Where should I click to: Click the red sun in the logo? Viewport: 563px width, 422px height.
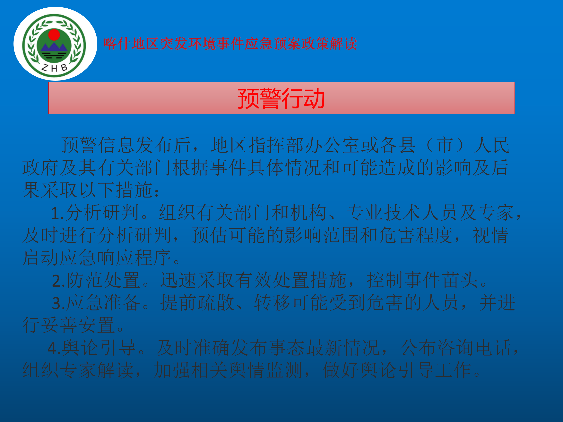coord(54,35)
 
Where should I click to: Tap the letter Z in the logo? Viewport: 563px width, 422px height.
coord(45,67)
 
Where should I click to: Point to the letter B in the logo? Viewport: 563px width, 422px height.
coord(64,67)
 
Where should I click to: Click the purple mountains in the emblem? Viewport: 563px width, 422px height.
coord(54,47)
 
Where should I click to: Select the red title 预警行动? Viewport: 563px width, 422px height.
coord(281,98)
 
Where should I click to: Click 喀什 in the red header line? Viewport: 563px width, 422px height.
coord(117,44)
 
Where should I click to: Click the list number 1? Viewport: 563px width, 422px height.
coord(57,213)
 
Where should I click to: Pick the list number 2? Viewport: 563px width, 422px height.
coord(58,281)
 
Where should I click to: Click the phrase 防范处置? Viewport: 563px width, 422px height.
coord(103,280)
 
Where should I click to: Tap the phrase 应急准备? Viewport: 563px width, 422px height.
coord(103,303)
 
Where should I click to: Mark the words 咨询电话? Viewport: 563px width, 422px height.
coord(456,348)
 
